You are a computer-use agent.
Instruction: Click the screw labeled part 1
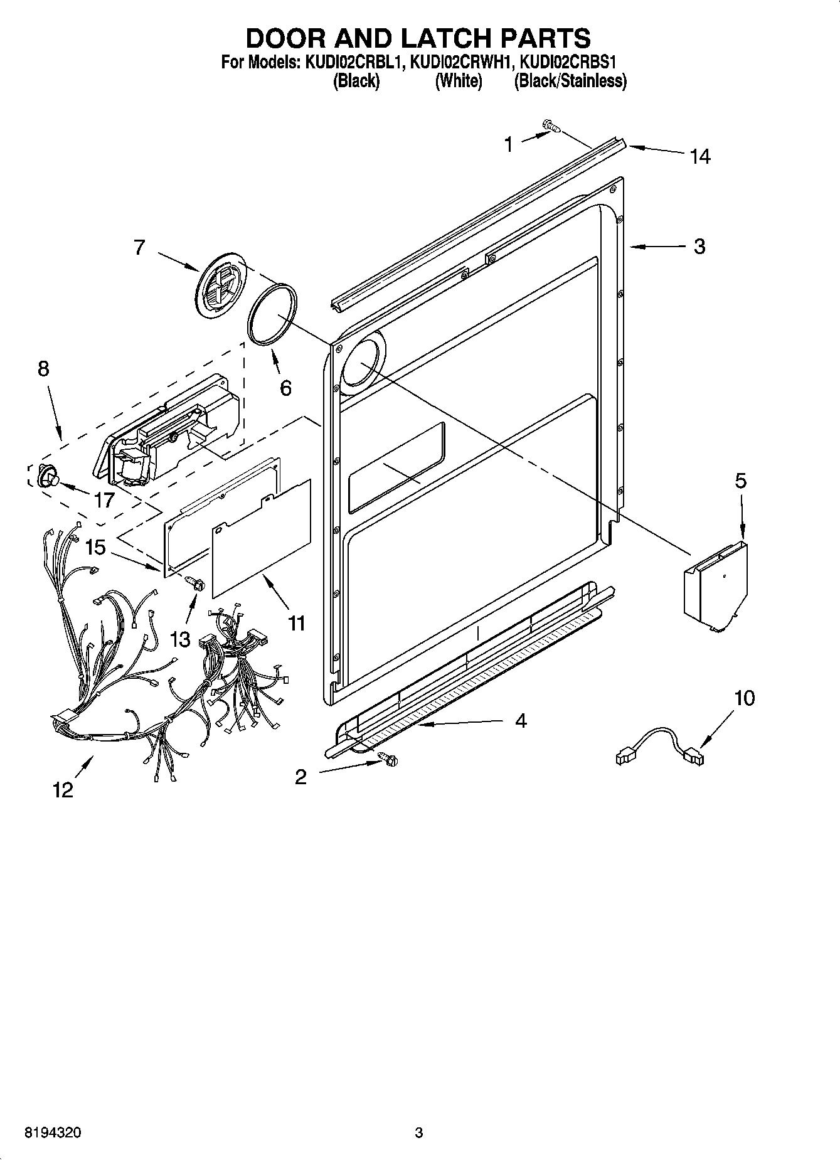coord(551,127)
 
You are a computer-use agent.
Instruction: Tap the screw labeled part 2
coord(389,759)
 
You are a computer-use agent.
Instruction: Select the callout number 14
coord(699,156)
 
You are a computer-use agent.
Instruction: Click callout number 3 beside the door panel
coord(699,247)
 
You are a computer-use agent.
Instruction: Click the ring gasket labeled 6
coord(272,314)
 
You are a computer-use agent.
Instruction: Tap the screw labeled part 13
coord(196,583)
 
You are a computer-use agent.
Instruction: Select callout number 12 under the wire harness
coord(63,790)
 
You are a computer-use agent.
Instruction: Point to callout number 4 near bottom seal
coord(521,721)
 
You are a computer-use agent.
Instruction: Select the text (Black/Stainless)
coord(570,81)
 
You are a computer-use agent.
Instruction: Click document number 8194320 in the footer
coord(53,1132)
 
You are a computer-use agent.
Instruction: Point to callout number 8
coord(43,369)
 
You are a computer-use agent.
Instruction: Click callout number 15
coord(95,547)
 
